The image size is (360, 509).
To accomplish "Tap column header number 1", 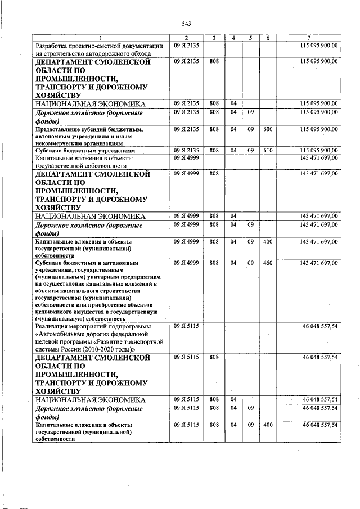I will [x=101, y=38].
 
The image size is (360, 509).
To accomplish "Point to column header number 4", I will [x=233, y=38].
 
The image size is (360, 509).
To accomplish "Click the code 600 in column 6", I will [x=268, y=129].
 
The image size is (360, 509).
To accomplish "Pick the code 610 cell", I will [x=268, y=150].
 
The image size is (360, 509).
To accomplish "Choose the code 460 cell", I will [x=268, y=263].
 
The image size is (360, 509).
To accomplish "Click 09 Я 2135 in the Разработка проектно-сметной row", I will [x=185, y=45].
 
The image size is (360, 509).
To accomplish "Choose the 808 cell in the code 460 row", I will [x=214, y=263].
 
